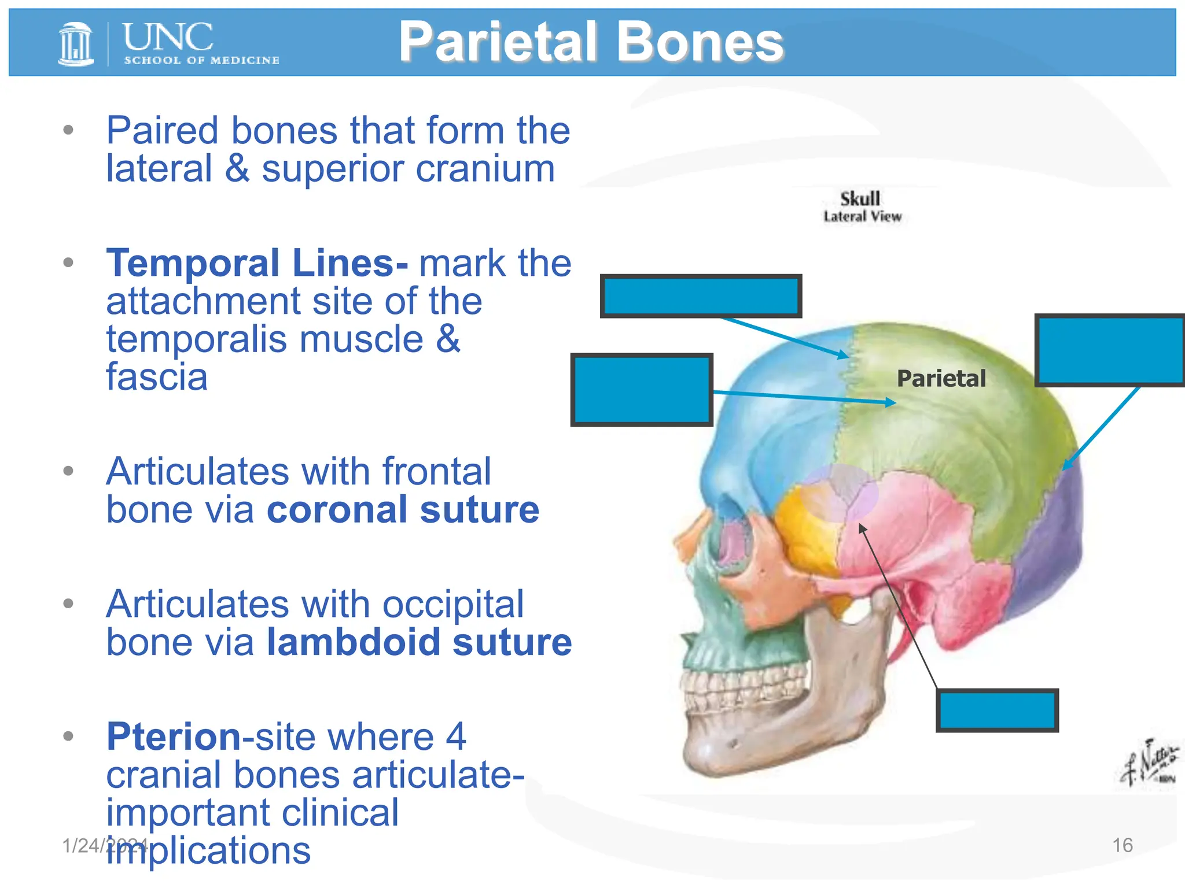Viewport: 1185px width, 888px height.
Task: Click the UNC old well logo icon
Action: click(x=76, y=43)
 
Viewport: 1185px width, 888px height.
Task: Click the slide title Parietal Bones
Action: click(x=591, y=42)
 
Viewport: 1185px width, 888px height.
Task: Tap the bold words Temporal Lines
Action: click(x=256, y=264)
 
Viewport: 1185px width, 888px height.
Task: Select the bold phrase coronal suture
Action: click(x=403, y=510)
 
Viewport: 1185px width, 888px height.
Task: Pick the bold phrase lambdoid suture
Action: click(x=419, y=642)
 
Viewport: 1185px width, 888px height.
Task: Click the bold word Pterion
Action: click(x=173, y=737)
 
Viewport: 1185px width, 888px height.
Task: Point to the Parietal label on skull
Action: click(x=941, y=379)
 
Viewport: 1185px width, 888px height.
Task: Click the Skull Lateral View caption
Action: click(x=862, y=207)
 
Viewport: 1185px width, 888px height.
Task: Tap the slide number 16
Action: click(x=1122, y=845)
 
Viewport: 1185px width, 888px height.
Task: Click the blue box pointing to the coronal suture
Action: click(x=701, y=296)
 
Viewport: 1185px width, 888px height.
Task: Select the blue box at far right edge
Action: click(x=1110, y=350)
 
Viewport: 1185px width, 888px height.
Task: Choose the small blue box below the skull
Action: click(x=997, y=711)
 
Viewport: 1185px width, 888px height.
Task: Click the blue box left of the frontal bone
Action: click(x=642, y=390)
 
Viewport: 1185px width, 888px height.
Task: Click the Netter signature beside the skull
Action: click(x=1149, y=763)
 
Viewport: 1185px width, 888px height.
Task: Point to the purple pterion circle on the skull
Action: click(x=839, y=493)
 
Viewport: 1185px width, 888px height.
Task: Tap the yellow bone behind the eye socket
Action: click(x=804, y=526)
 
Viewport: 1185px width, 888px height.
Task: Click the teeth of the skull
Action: click(x=735, y=694)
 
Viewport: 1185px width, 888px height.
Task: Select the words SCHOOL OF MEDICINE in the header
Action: click(x=201, y=60)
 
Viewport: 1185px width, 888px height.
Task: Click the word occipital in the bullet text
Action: click(x=452, y=605)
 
